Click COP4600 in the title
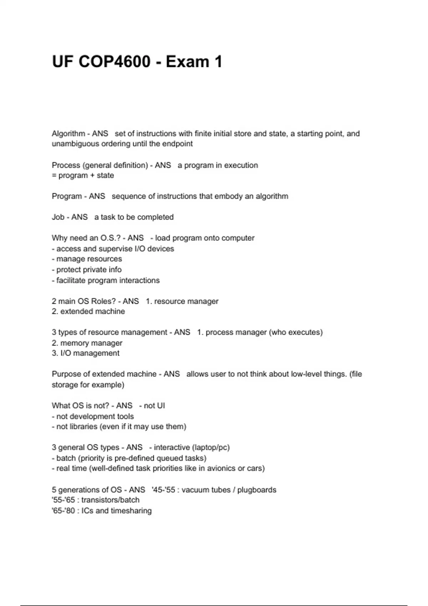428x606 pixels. pos(114,62)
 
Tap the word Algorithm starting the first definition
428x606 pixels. pos(68,134)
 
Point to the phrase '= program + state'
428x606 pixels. pos(83,175)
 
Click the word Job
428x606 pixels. pos(58,217)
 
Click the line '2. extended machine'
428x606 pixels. pos(88,311)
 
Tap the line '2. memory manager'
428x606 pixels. pos(87,343)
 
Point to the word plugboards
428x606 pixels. pos(256,490)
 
